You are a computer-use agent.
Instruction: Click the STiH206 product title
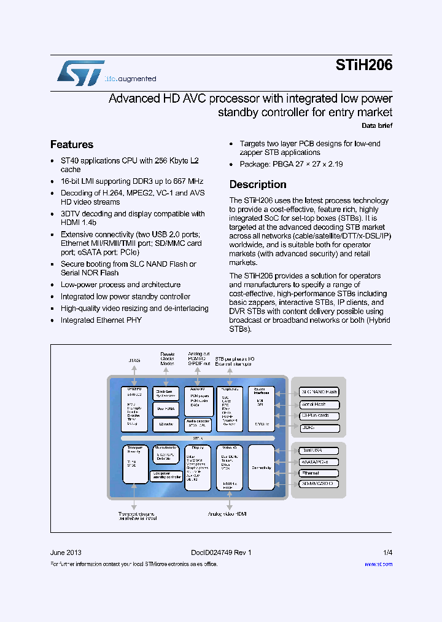363,66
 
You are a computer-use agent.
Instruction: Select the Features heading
72,144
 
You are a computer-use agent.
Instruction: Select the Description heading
258,184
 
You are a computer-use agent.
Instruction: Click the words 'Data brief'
376,125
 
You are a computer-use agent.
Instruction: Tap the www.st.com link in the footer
378,564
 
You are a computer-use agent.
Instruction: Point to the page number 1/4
387,553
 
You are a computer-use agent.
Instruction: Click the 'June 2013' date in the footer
66,553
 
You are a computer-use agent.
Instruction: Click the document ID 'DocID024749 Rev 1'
217,553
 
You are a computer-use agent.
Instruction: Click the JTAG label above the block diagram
134,360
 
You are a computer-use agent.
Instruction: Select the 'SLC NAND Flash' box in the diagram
319,392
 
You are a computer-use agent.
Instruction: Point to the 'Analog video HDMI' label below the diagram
227,513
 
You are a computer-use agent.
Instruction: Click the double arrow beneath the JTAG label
134,373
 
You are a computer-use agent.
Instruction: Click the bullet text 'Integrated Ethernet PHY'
101,320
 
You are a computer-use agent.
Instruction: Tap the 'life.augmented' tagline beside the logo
131,79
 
